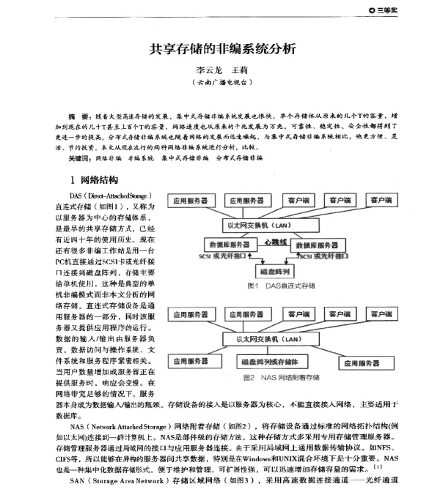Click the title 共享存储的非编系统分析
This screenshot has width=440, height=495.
click(222, 50)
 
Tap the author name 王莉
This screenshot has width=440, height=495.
click(241, 72)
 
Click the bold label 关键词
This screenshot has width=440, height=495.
click(81, 157)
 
